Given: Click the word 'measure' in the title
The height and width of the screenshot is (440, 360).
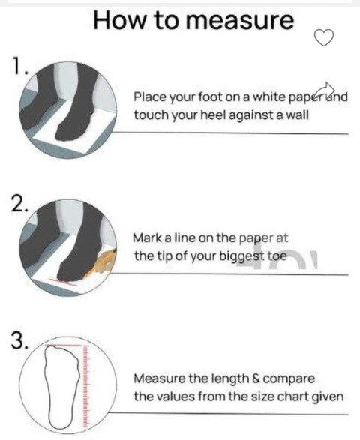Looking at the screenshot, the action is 240,21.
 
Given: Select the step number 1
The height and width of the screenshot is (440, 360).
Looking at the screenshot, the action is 19,67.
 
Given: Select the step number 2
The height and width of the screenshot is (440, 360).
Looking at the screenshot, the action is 19,204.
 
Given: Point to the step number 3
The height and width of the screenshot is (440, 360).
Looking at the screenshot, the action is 19,340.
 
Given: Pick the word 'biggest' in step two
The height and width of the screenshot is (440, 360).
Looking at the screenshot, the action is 241,257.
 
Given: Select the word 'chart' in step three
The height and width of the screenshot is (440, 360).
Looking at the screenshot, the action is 290,397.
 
